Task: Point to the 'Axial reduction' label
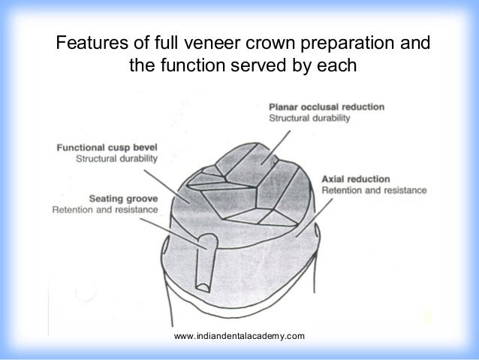coord(355,179)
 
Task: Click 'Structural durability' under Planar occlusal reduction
coord(315,119)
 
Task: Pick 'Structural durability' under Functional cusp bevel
coord(117,160)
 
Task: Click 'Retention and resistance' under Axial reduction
coord(373,191)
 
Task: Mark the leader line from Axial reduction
coord(307,210)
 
